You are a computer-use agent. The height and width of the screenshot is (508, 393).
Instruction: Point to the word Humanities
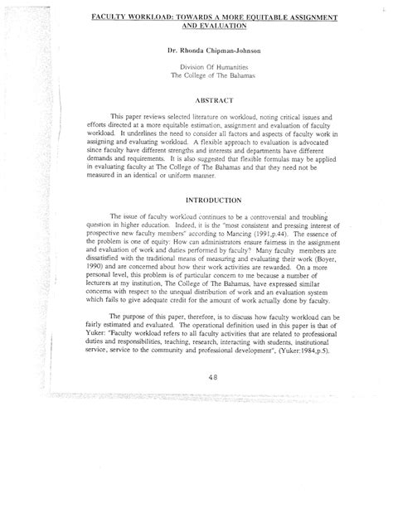[x=223, y=65]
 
